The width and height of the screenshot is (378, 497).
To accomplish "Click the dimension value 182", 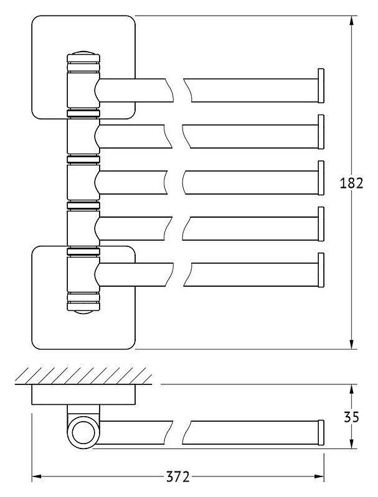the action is click(351, 183).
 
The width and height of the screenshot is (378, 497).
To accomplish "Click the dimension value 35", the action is click(351, 417).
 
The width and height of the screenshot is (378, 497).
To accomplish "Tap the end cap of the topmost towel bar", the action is click(321, 86).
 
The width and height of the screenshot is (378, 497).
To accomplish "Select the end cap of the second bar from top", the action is click(321, 132).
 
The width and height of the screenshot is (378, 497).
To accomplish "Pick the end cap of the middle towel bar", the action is click(321, 178).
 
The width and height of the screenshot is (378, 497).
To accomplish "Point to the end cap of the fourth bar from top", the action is click(321, 224).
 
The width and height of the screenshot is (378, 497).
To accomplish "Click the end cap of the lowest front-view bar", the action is click(321, 270).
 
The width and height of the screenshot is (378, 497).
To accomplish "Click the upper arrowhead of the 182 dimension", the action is click(351, 21).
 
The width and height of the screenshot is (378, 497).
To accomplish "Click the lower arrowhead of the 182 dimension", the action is click(351, 344).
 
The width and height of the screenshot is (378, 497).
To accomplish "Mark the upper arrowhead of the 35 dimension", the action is click(351, 389).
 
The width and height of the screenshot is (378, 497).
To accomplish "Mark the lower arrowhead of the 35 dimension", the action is click(351, 444).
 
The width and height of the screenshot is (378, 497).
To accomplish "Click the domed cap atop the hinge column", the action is click(83, 53).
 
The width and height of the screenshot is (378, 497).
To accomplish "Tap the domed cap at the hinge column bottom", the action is click(83, 312).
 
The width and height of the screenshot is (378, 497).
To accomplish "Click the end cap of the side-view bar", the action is click(321, 432).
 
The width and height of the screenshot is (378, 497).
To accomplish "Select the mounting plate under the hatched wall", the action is click(83, 394).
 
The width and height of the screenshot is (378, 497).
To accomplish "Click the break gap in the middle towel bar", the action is click(175, 183).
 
